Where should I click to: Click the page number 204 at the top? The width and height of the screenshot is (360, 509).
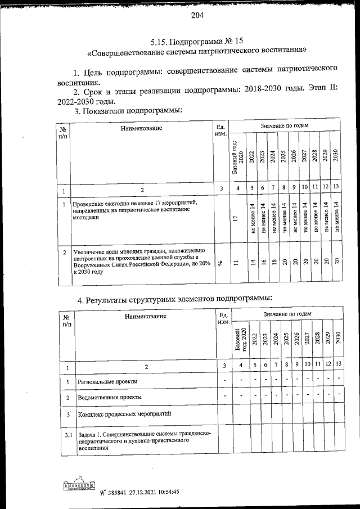coord(197,15)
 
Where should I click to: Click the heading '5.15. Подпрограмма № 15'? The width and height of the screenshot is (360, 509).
coord(197,41)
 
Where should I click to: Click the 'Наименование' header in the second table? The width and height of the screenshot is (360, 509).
coord(145,316)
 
